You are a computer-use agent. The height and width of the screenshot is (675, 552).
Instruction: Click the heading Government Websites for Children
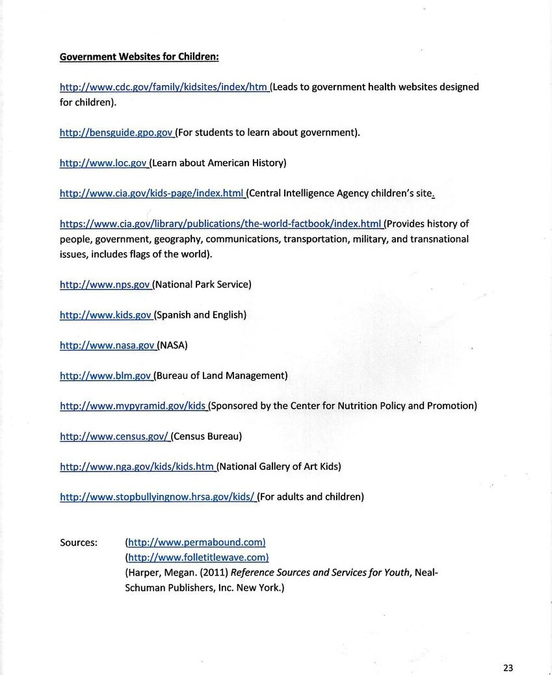(x=139, y=57)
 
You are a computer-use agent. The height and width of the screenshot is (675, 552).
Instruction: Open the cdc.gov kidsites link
(x=163, y=87)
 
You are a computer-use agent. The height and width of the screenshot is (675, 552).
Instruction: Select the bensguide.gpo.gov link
(x=116, y=133)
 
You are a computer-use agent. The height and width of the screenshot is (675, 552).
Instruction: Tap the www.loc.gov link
(x=103, y=163)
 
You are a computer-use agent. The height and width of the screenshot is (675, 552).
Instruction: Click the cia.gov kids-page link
(x=151, y=193)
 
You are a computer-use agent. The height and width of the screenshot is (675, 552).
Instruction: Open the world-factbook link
(x=220, y=224)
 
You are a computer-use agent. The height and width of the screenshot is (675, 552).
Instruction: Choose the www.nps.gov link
(x=105, y=285)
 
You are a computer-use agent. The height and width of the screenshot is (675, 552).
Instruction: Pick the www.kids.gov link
(x=105, y=315)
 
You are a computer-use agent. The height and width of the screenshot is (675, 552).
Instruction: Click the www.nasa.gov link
(x=107, y=346)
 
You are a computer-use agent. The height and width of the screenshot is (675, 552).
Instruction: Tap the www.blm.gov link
(x=105, y=376)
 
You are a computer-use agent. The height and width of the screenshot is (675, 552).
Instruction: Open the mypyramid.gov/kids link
(x=133, y=406)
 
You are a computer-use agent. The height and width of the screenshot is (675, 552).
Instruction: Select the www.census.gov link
(x=114, y=437)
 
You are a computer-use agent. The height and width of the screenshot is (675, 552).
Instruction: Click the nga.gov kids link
(x=137, y=466)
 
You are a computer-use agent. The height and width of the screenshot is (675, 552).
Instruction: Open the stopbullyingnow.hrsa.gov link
(x=157, y=497)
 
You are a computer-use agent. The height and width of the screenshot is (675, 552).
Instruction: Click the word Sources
(x=79, y=542)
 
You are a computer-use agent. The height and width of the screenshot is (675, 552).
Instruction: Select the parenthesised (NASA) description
(x=172, y=346)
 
